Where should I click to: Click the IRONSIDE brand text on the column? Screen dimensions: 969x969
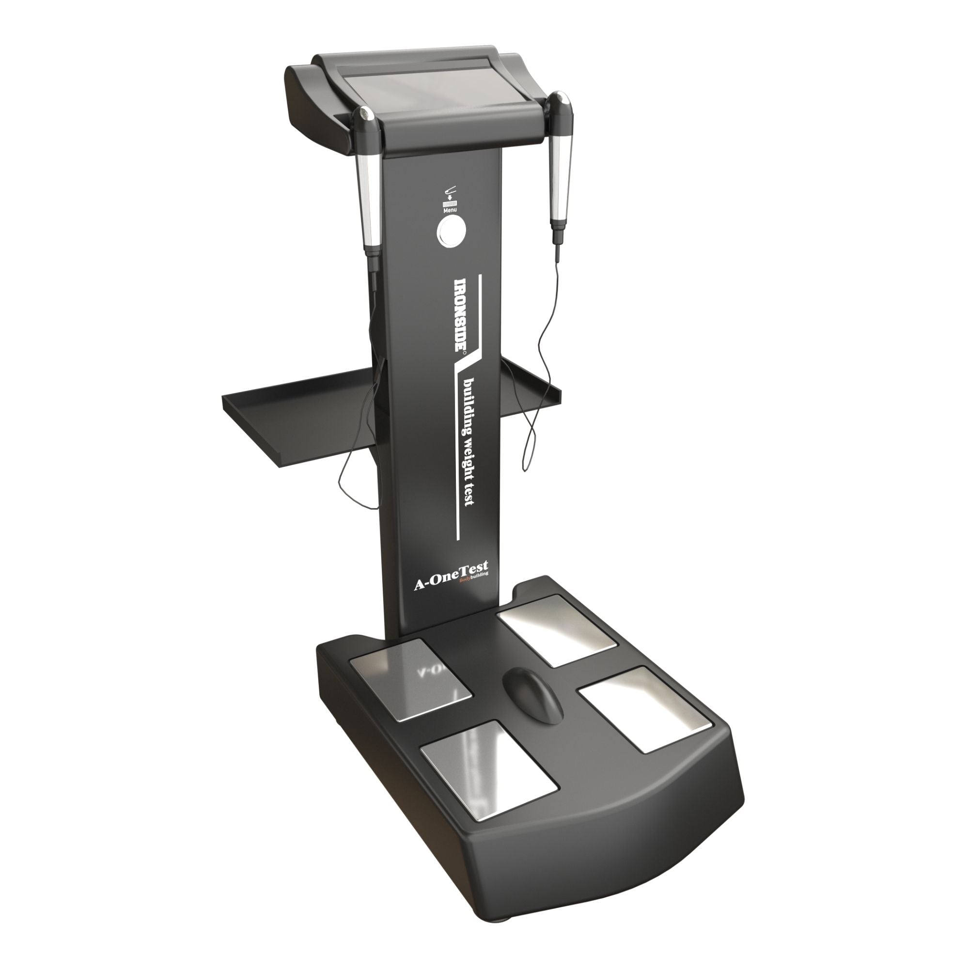pos(460,313)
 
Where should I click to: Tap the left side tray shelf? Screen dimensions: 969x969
pos(301,426)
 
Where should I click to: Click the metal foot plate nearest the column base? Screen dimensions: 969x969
pos(556,629)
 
